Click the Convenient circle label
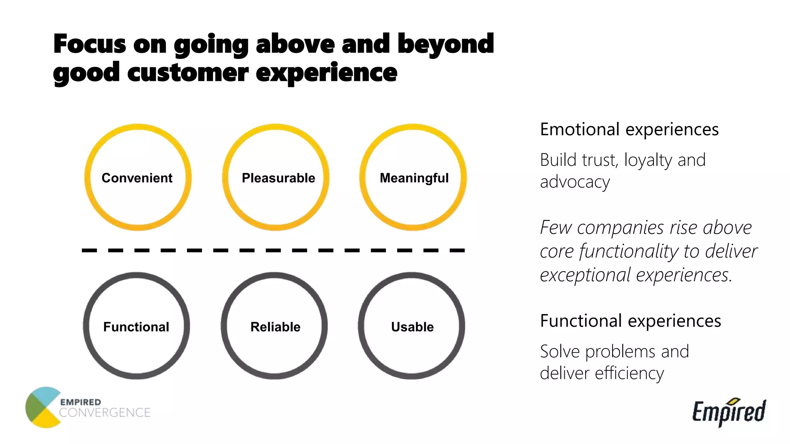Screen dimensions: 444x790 pyautogui.click(x=137, y=178)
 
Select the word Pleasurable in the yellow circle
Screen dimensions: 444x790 pyautogui.click(x=278, y=178)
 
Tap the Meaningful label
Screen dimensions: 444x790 pyautogui.click(x=414, y=178)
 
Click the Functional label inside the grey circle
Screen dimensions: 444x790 pyautogui.click(x=136, y=327)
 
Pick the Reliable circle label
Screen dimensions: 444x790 pyautogui.click(x=275, y=327)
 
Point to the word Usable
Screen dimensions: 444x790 pyautogui.click(x=412, y=327)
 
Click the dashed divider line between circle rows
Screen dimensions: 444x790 pyautogui.click(x=273, y=251)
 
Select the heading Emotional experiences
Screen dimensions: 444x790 pyautogui.click(x=629, y=129)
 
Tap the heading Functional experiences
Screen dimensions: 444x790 pyautogui.click(x=630, y=321)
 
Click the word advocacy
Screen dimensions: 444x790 pyautogui.click(x=575, y=182)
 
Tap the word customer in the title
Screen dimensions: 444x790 pyautogui.click(x=188, y=72)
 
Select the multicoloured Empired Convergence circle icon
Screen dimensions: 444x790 pyautogui.click(x=42, y=407)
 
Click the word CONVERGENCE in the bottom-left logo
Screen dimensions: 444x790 pyautogui.click(x=105, y=413)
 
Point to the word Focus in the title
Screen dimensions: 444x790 pyautogui.click(x=89, y=44)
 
